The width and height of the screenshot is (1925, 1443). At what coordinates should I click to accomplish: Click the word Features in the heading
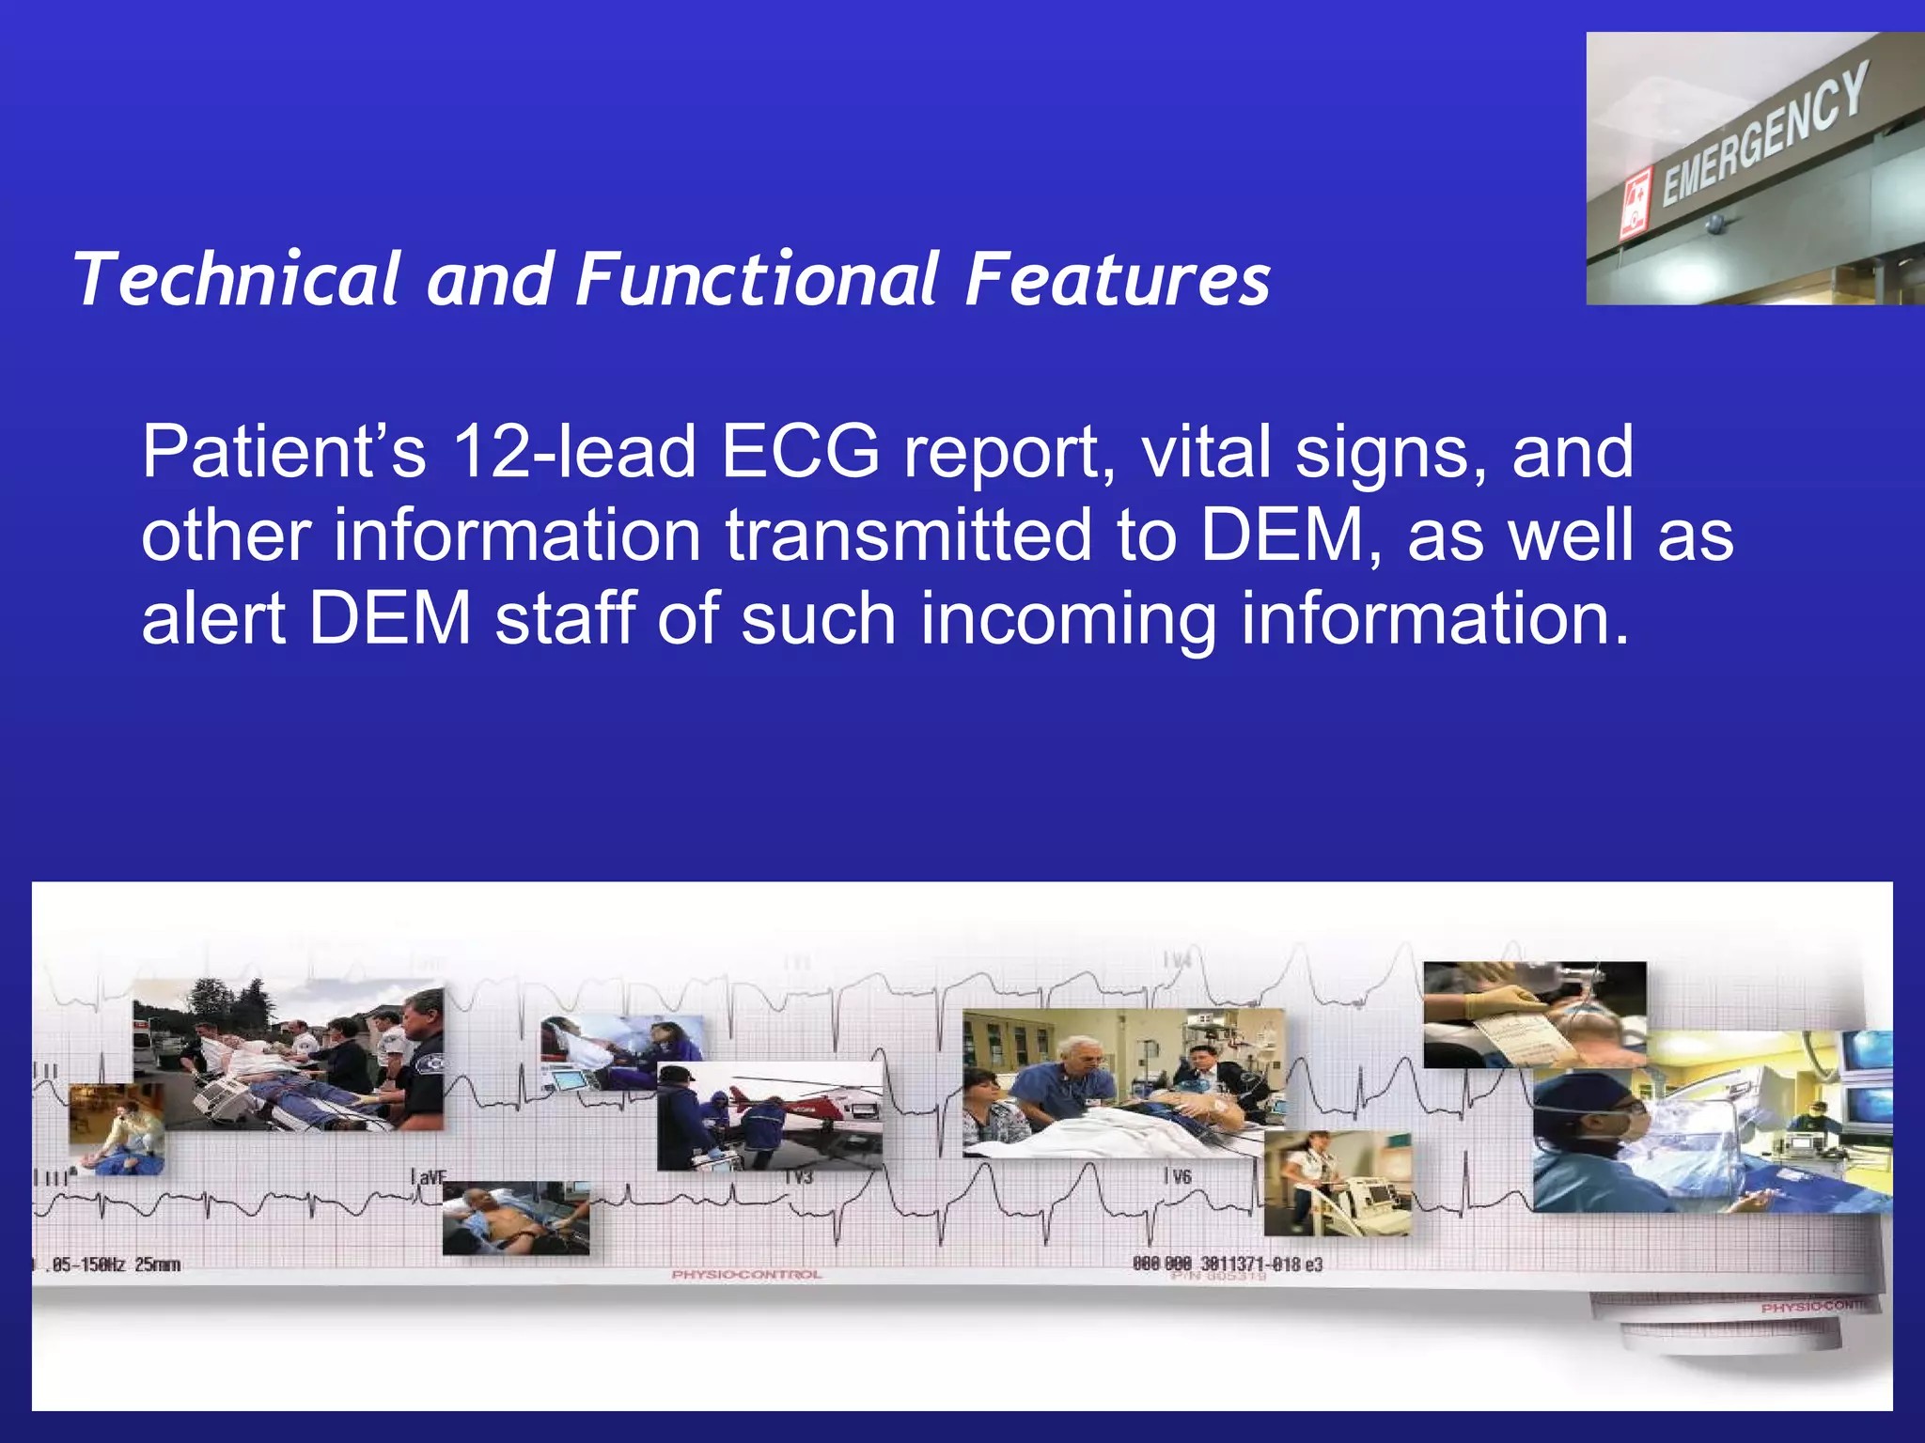1118,280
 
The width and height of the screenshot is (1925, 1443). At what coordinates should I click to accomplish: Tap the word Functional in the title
758,280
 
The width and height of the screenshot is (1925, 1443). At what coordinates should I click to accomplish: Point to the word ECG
800,452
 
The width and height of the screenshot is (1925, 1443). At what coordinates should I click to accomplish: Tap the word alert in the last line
213,619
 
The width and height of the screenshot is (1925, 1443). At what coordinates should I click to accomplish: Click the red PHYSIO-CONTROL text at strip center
746,1275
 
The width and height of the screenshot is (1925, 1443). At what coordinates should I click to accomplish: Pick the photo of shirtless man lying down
515,1218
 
